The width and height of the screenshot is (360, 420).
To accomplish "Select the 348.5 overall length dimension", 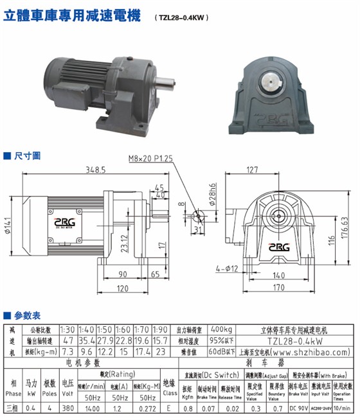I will (96, 170).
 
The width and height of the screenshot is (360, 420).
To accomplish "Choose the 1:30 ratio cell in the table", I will (68, 329).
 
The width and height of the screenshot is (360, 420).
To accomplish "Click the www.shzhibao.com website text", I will (311, 352).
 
